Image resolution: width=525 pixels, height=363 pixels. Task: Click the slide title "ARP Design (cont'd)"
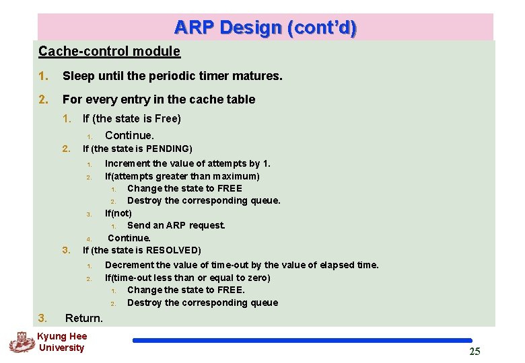coord(265,28)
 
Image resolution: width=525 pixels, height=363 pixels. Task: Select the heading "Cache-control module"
coord(109,51)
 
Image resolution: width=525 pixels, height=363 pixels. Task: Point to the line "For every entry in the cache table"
coord(159,99)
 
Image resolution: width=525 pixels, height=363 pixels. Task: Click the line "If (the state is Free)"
coord(131,119)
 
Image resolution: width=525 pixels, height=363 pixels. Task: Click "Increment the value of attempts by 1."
coord(188,163)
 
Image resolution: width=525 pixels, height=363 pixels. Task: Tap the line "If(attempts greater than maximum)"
coord(182,176)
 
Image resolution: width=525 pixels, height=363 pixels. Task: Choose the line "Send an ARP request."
coord(176,225)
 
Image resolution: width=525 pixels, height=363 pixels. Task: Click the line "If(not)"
coord(118,213)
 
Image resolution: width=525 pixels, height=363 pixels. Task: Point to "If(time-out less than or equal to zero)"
coord(188,278)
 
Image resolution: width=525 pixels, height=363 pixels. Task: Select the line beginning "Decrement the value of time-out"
coord(242,265)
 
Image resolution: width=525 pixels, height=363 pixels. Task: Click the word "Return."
coord(84,318)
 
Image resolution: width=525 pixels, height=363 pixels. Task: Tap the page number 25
coord(475,352)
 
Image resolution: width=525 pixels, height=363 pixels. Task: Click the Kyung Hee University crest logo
coord(21,341)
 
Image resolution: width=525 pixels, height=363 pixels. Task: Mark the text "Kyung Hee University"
coord(61,341)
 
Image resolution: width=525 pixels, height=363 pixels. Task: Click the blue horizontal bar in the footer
coord(302,341)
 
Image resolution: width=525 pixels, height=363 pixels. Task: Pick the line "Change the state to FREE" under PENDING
coord(184,188)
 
